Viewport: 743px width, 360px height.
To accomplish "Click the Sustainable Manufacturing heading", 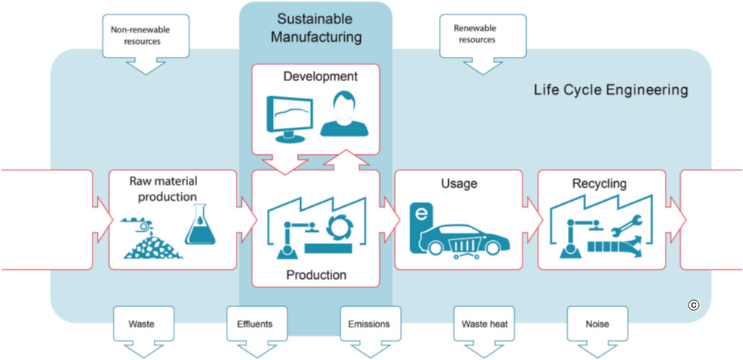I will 317,27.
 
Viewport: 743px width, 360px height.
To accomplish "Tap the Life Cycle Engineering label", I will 610,90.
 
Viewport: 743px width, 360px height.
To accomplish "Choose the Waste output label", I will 142,324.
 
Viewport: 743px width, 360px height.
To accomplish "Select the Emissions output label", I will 368,324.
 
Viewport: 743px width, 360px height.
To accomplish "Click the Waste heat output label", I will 484,324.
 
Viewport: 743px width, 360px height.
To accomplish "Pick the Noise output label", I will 597,324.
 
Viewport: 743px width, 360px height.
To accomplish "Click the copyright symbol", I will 693,305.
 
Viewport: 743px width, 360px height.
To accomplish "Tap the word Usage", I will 459,184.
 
